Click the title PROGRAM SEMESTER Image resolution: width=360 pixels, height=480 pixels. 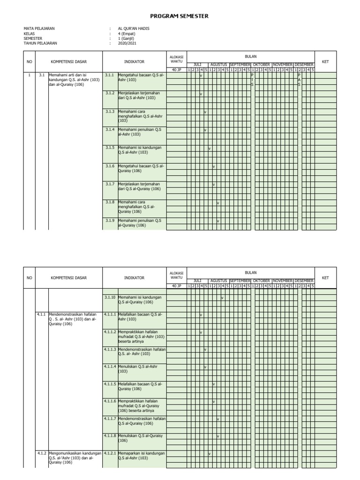click(x=180, y=16)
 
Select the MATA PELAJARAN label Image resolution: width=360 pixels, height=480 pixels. click(x=39, y=29)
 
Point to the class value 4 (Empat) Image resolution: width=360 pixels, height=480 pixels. click(x=127, y=33)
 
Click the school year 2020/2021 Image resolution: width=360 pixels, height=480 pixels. click(x=127, y=43)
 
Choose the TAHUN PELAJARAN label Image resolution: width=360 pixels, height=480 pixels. click(x=40, y=43)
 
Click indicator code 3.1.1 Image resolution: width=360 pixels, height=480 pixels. click(x=110, y=75)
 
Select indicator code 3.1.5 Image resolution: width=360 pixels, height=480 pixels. click(x=110, y=148)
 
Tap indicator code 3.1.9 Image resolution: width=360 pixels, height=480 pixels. click(x=110, y=220)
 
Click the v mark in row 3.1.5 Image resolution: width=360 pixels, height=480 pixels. click(x=209, y=149)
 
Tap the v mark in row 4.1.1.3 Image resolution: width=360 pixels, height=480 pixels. click(x=205, y=350)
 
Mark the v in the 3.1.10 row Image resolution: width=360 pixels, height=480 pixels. click(x=222, y=298)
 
